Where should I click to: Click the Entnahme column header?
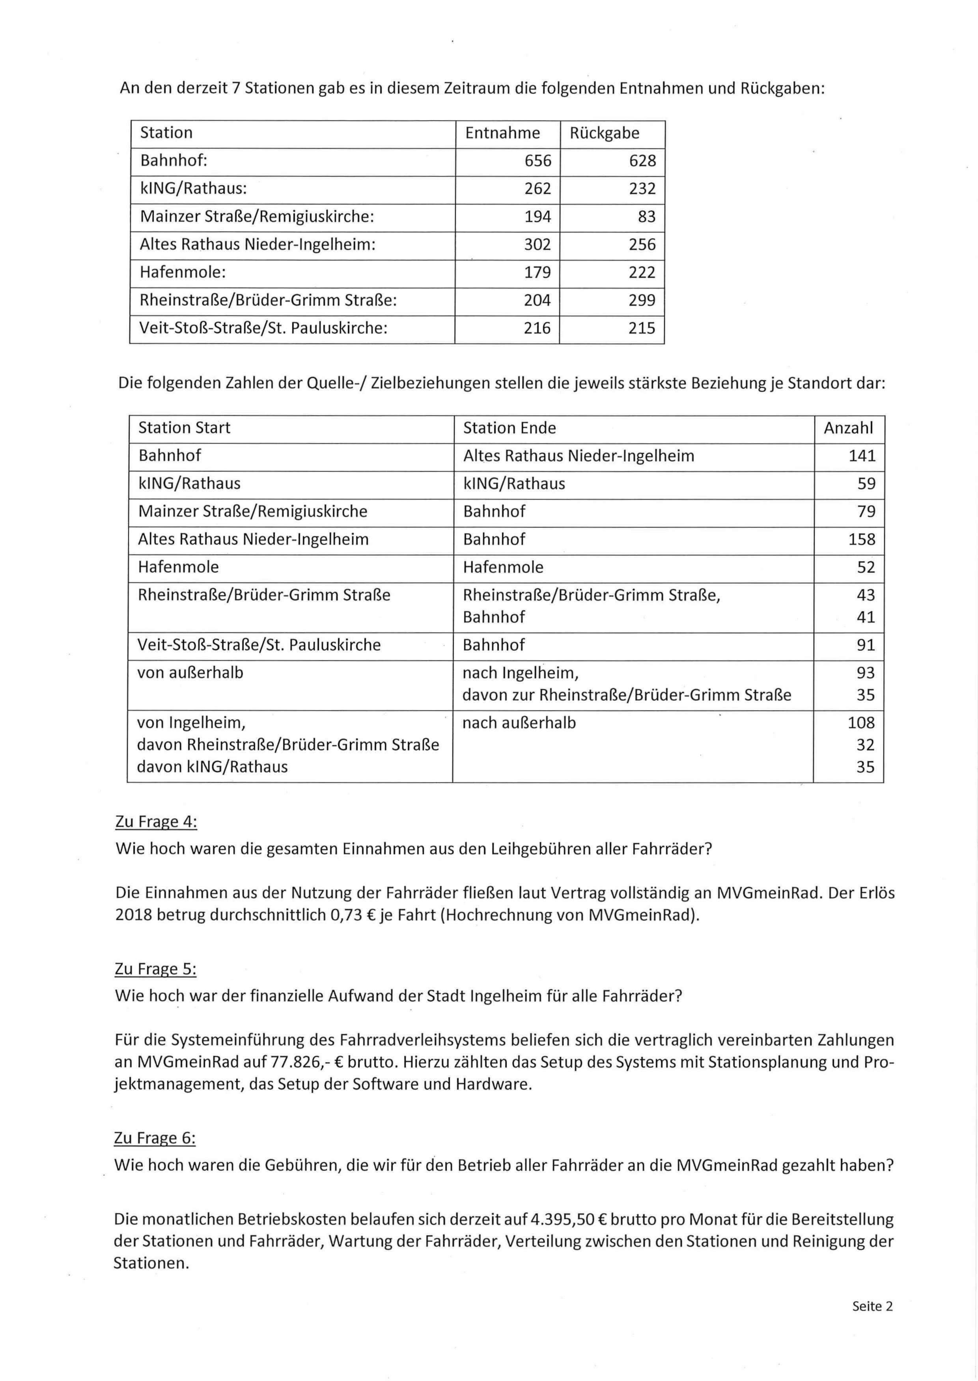click(502, 133)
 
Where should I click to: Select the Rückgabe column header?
click(604, 133)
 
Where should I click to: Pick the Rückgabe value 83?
click(646, 217)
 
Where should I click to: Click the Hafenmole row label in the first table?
click(183, 273)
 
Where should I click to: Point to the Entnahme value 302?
click(537, 244)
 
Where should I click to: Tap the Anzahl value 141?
click(862, 456)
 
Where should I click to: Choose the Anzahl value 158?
click(862, 539)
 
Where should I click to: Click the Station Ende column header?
click(509, 428)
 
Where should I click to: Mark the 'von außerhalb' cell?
click(190, 673)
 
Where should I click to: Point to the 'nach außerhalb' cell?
click(519, 723)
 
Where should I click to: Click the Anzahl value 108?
click(861, 723)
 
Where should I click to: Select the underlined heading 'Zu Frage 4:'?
click(156, 822)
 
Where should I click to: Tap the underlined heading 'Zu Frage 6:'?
click(155, 1139)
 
